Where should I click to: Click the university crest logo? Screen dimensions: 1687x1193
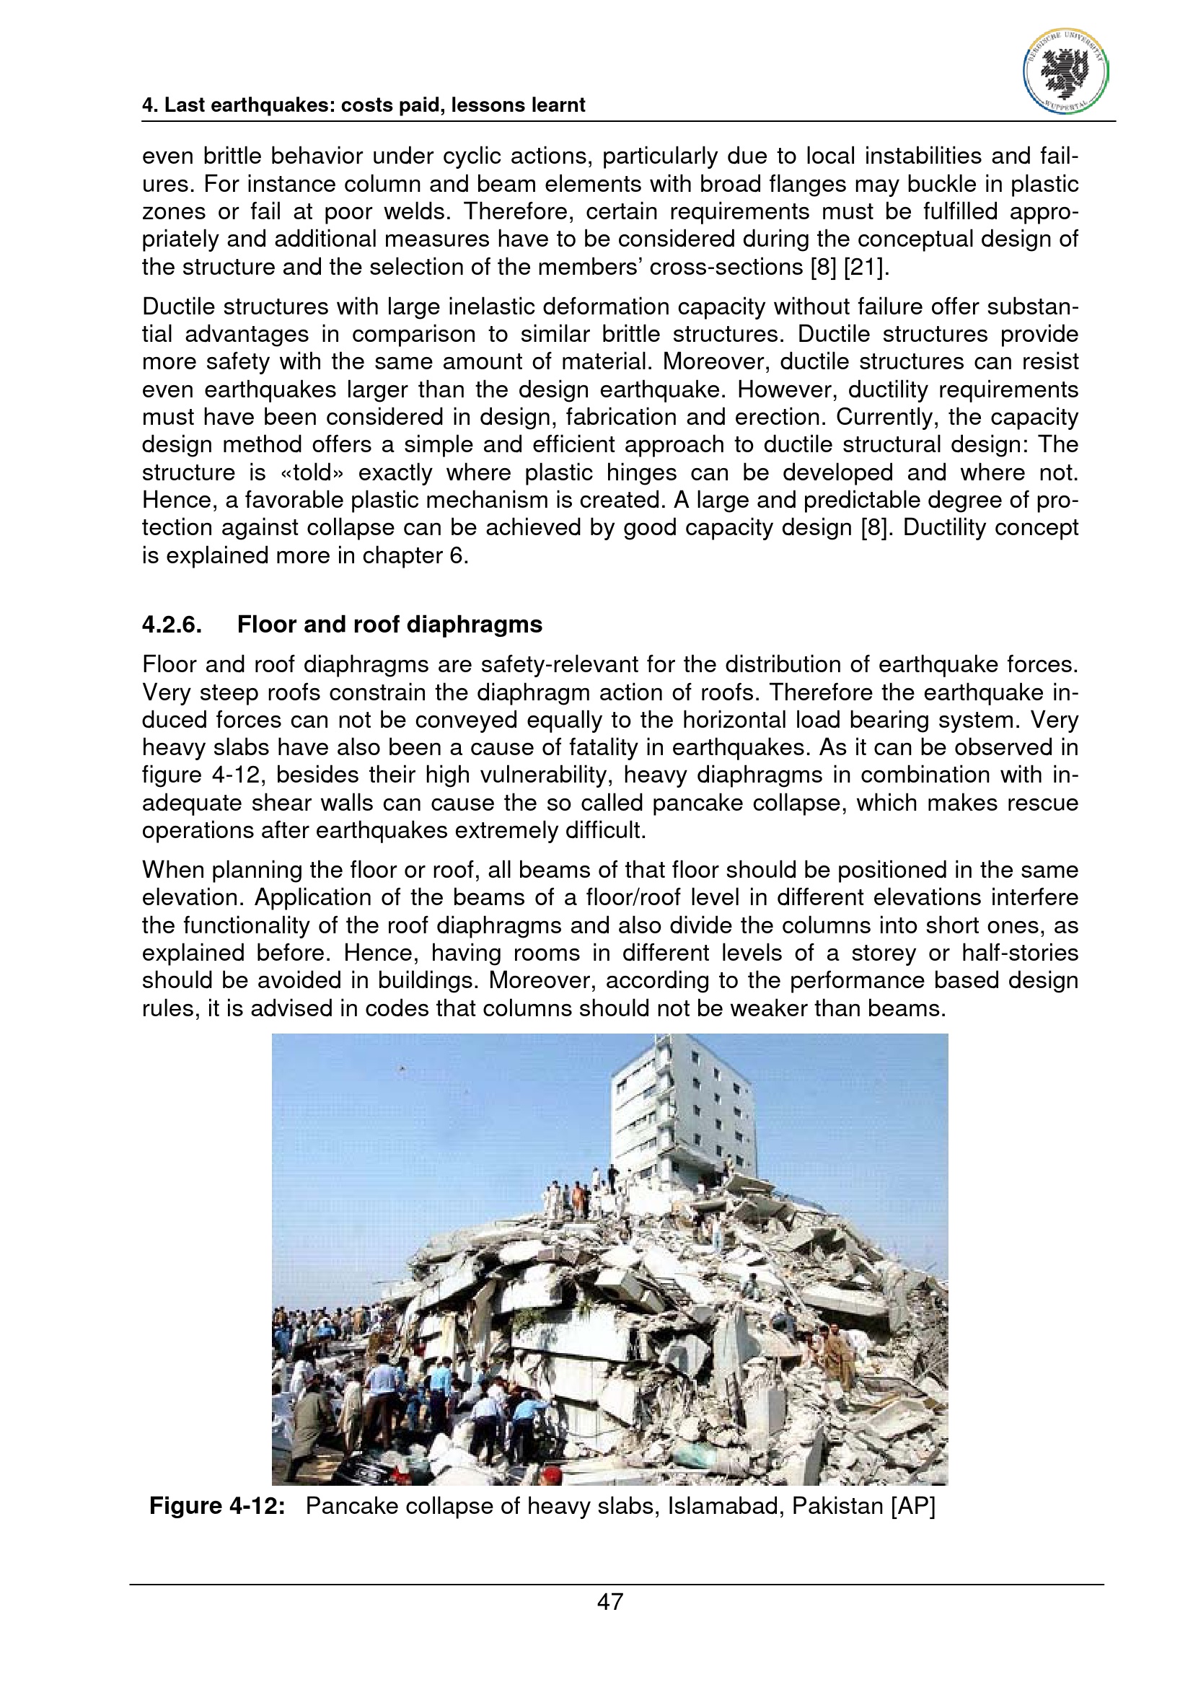pyautogui.click(x=1065, y=71)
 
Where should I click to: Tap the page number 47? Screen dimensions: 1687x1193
pyautogui.click(x=610, y=1601)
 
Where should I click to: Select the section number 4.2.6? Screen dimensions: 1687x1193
pyautogui.click(x=172, y=625)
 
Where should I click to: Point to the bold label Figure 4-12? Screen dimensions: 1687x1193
pyautogui.click(x=216, y=1506)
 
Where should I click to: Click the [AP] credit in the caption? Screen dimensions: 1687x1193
pyautogui.click(x=913, y=1506)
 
